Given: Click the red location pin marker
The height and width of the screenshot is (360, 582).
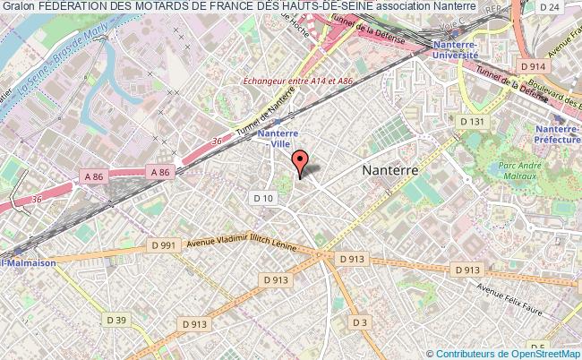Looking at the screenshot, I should coord(300,162).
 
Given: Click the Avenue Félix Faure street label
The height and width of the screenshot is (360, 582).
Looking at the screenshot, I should coord(509,302).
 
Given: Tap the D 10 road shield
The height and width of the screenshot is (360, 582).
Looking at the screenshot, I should coord(263,198).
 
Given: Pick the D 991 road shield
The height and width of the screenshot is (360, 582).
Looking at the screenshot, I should coord(162,245).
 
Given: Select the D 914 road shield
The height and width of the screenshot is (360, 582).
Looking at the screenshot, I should coord(533,65).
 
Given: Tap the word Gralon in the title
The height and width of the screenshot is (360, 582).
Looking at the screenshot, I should coord(18,6).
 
